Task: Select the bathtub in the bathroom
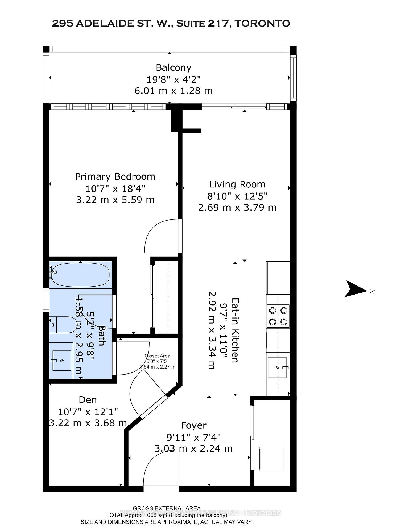(x=80, y=275)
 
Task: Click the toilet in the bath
(x=63, y=325)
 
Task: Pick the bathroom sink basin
(x=62, y=361)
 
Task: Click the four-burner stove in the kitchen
(x=278, y=316)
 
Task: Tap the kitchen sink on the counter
(x=277, y=367)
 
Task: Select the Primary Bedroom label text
(x=115, y=177)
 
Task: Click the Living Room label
(x=237, y=184)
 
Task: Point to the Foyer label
(x=194, y=425)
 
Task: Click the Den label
(x=88, y=400)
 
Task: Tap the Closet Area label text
(x=157, y=356)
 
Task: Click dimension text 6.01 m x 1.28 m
(x=173, y=91)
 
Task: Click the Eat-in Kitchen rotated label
(x=235, y=330)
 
